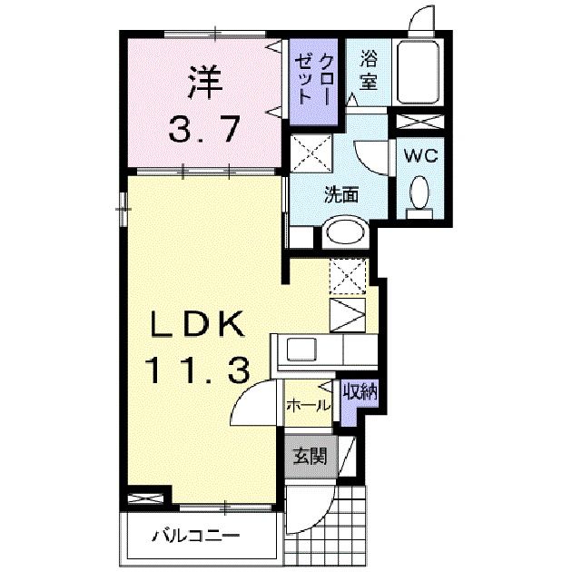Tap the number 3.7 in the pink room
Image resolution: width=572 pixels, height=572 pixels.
click(x=204, y=128)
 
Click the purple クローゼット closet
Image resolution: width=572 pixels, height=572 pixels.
click(x=312, y=78)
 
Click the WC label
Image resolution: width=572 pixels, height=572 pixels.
click(x=420, y=155)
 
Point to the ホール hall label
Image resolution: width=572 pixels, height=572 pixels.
click(x=310, y=406)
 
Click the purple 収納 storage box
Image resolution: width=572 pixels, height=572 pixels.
click(x=360, y=392)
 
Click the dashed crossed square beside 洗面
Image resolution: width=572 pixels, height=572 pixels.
click(x=311, y=153)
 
